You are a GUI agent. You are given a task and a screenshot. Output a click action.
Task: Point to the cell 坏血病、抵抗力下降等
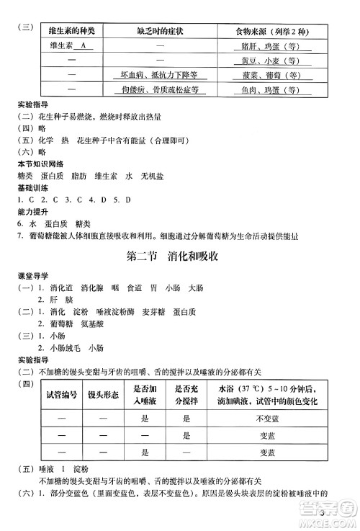(x=160, y=75)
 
